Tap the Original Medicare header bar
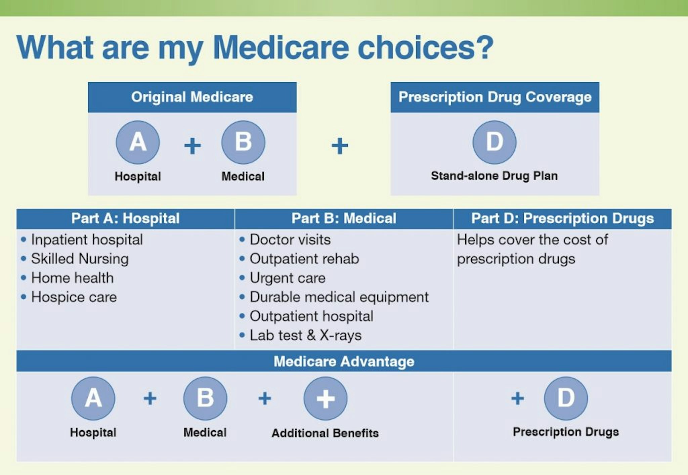point(192,97)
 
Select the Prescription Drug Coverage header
point(494,97)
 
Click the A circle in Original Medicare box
point(138,142)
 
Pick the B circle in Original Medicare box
point(243,142)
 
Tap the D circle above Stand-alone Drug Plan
point(494,142)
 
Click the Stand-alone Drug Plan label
point(494,176)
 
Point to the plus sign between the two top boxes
point(340,146)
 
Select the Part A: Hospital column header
point(125,219)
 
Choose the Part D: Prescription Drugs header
point(562,219)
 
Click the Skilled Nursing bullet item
point(80,259)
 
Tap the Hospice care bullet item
point(74,297)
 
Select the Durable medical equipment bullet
point(339,297)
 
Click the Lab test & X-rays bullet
point(305,335)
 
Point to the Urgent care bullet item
point(287,278)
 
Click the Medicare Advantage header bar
point(344,361)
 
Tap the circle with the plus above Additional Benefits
point(325,398)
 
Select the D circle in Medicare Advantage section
point(566,398)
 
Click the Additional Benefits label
point(325,433)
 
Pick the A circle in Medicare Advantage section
point(93,398)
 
